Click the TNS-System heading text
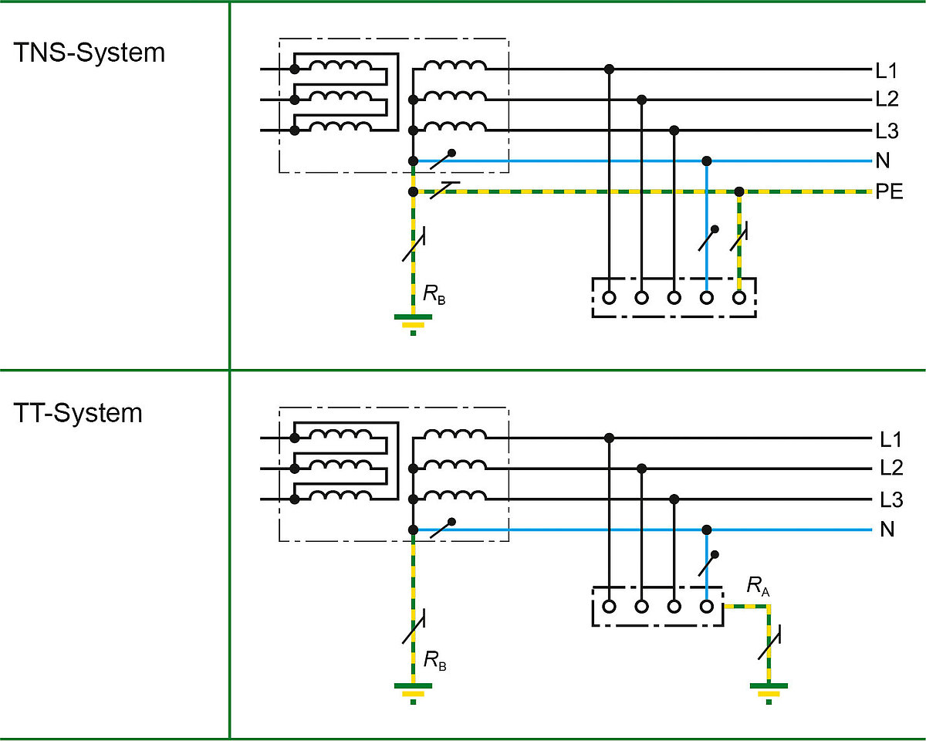pos(90,53)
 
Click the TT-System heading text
pos(78,413)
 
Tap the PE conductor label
pos(889,192)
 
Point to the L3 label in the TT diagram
pos(891,499)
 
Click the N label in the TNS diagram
pos(883,161)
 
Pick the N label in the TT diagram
pos(887,530)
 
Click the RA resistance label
pos(758,586)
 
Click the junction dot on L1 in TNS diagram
pos(609,69)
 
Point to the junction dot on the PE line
pos(739,191)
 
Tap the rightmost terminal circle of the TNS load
pos(739,297)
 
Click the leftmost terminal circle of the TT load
pos(609,606)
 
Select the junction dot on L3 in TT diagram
pos(674,499)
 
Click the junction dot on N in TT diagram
pos(706,530)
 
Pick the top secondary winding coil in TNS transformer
pos(455,68)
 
